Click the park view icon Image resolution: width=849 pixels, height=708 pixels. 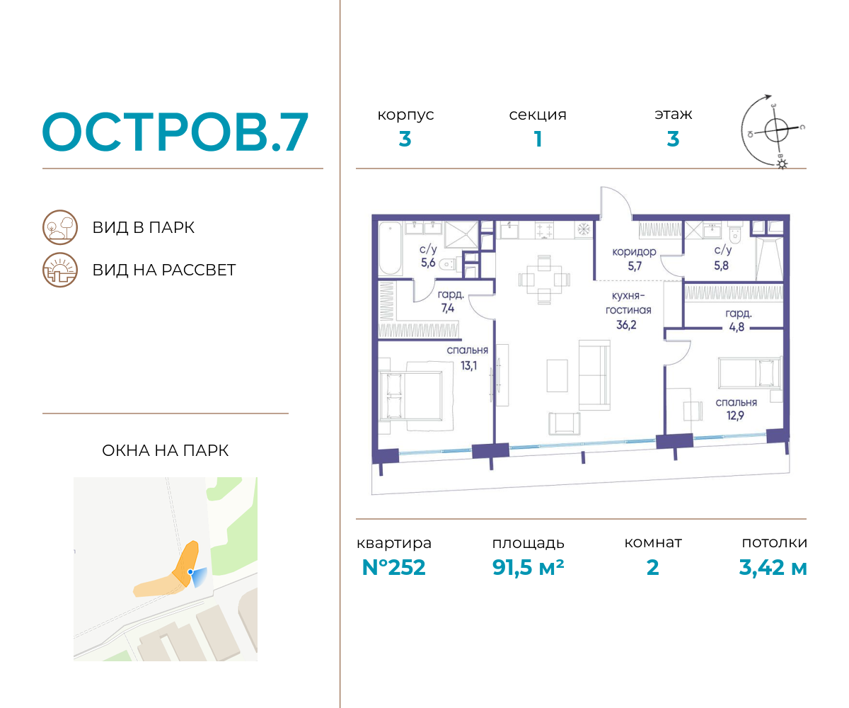pyautogui.click(x=60, y=227)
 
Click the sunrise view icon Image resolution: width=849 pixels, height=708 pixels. pyautogui.click(x=60, y=270)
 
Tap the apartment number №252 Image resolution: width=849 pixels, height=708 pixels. pyautogui.click(x=393, y=567)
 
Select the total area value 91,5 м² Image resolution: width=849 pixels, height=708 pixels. pyautogui.click(x=528, y=567)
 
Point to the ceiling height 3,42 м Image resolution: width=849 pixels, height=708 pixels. pyautogui.click(x=773, y=567)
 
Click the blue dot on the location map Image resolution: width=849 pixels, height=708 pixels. pyautogui.click(x=190, y=571)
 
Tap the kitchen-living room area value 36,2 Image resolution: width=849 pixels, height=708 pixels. pyautogui.click(x=626, y=325)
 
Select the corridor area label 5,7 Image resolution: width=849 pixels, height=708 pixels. pyautogui.click(x=635, y=266)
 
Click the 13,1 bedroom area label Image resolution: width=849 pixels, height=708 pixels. pyautogui.click(x=468, y=365)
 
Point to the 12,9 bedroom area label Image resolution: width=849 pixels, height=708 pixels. pyautogui.click(x=735, y=416)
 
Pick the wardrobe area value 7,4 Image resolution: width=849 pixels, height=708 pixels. pyautogui.click(x=448, y=308)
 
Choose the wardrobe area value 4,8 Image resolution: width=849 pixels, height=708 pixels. pyautogui.click(x=737, y=326)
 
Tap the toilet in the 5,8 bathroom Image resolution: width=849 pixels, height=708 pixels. pyautogui.click(x=735, y=233)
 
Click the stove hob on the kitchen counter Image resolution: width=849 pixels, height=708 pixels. pyautogui.click(x=544, y=230)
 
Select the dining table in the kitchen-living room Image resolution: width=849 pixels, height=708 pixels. pyautogui.click(x=544, y=280)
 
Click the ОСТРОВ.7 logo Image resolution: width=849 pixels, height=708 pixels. pyautogui.click(x=175, y=132)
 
